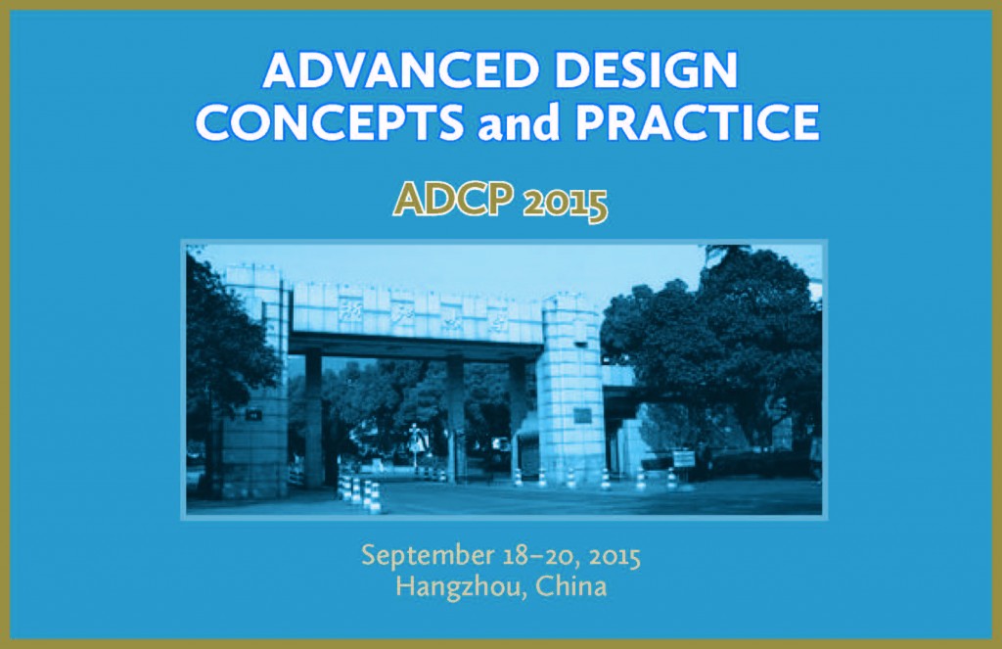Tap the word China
point(571,587)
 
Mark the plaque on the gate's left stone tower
point(253,415)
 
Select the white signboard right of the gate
point(683,458)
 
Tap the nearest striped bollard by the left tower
point(374,497)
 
